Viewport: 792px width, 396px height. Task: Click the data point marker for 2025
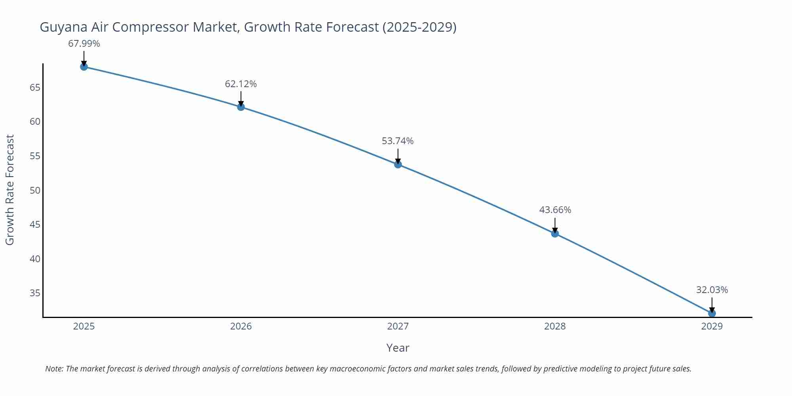pyautogui.click(x=84, y=67)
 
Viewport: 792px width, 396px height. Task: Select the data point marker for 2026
pyautogui.click(x=241, y=107)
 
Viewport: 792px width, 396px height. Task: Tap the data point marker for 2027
pyautogui.click(x=398, y=164)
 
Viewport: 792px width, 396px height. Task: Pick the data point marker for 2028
pyautogui.click(x=555, y=234)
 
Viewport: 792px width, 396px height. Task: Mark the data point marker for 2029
pyautogui.click(x=712, y=313)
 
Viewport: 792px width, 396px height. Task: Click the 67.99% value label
pyautogui.click(x=84, y=44)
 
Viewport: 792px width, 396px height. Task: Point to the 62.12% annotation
pyautogui.click(x=241, y=84)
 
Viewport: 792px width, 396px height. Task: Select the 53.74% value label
pyautogui.click(x=398, y=141)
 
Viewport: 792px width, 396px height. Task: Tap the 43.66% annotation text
pyautogui.click(x=555, y=210)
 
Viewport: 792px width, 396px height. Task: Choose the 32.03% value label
pyautogui.click(x=712, y=290)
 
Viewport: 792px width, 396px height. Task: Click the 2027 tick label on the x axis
pyautogui.click(x=398, y=326)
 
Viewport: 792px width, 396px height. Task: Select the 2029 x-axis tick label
pyautogui.click(x=712, y=326)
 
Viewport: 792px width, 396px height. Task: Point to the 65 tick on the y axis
pyautogui.click(x=35, y=87)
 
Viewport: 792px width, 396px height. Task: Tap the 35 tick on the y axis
pyautogui.click(x=35, y=293)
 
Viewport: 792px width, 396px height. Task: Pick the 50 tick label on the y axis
pyautogui.click(x=35, y=190)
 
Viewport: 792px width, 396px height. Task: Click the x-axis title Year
pyautogui.click(x=398, y=348)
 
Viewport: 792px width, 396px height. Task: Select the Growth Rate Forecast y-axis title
pyautogui.click(x=10, y=190)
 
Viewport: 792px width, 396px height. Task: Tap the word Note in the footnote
pyautogui.click(x=54, y=369)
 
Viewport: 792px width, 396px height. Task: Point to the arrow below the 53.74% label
pyautogui.click(x=398, y=156)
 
